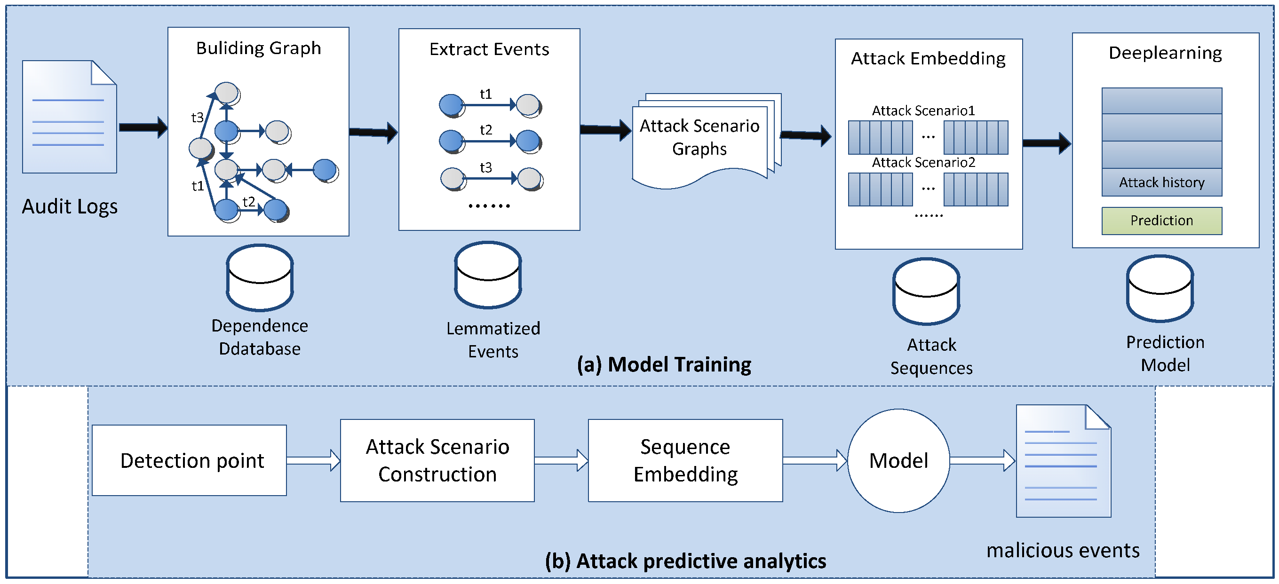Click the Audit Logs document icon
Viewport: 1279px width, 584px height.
click(x=69, y=117)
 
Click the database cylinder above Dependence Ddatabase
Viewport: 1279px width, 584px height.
click(x=260, y=277)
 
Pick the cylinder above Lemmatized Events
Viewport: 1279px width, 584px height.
click(x=488, y=275)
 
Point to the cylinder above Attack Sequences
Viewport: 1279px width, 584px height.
click(x=926, y=291)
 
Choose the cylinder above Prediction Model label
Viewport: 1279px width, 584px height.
click(x=1160, y=288)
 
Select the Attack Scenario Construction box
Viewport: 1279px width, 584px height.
click(x=437, y=460)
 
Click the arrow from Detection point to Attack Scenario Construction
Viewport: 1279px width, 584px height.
click(x=313, y=460)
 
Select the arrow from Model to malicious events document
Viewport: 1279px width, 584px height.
click(x=982, y=460)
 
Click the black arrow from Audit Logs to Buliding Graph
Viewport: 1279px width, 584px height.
click(x=143, y=127)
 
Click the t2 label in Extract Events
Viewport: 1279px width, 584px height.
click(x=485, y=130)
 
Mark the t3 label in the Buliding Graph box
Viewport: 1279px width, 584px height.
click(x=197, y=118)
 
